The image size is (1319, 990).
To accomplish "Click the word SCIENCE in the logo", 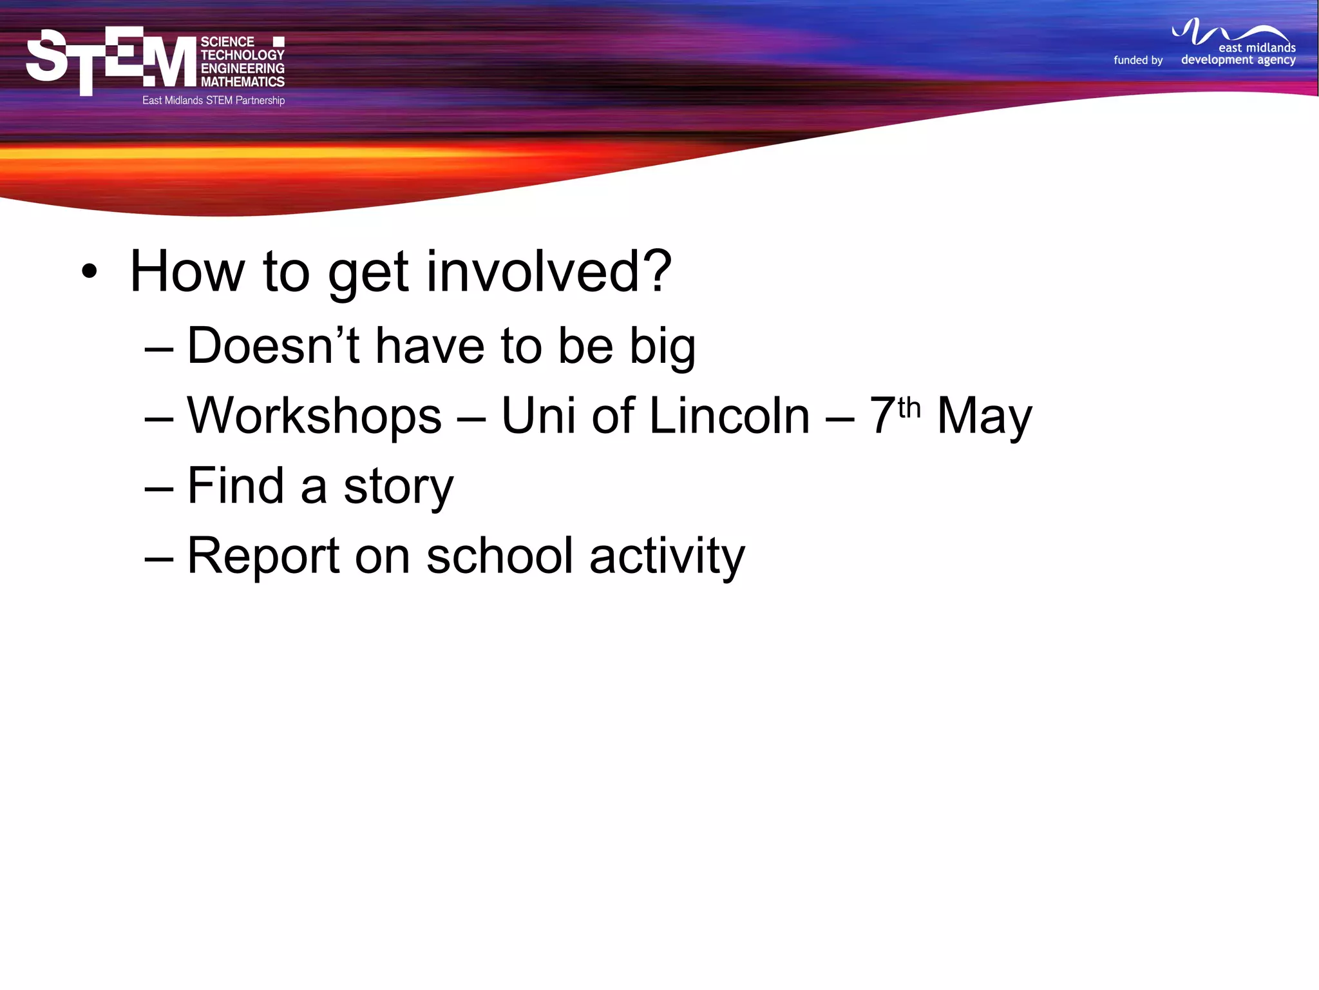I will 227,42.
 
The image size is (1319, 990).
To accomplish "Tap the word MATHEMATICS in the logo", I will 242,82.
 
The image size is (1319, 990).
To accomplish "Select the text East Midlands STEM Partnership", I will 213,101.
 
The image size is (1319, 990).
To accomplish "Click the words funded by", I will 1138,60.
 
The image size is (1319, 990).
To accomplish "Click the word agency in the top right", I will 1276,61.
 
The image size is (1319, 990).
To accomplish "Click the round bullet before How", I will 90,272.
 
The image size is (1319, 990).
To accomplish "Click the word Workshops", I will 314,416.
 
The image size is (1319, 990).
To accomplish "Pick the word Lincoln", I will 729,416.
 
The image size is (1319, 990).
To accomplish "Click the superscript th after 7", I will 909,407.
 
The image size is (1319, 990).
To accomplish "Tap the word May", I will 983,417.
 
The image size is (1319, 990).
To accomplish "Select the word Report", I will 263,556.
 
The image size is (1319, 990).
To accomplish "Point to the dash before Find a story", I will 159,488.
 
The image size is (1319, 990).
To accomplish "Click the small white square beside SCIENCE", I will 278,42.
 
